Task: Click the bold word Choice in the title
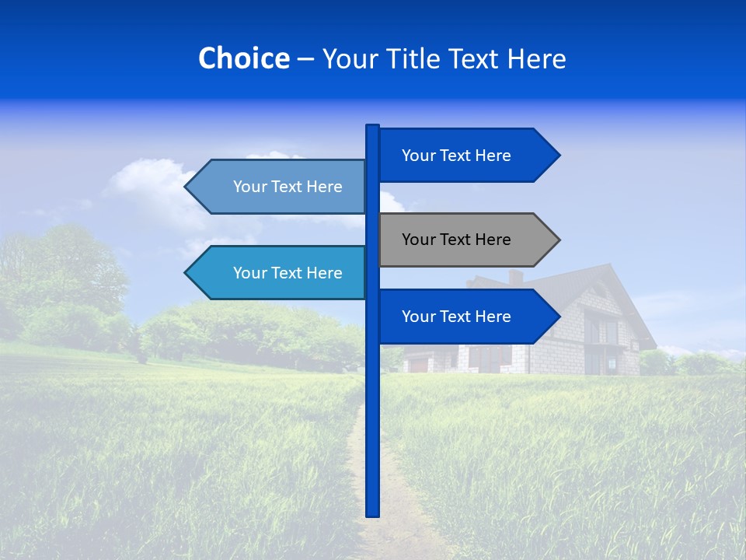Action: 243,58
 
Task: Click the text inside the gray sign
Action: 456,240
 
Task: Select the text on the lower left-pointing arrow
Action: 288,273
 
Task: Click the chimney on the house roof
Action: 515,277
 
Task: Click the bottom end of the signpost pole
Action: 372,513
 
